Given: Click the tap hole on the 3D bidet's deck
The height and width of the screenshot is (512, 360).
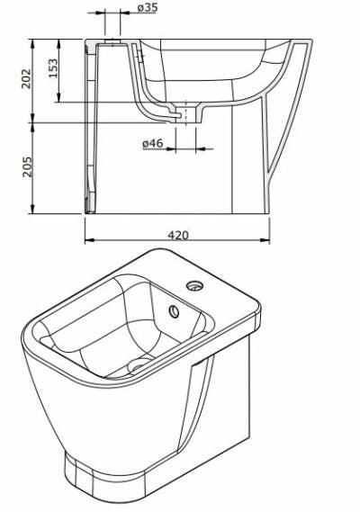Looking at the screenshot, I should (193, 287).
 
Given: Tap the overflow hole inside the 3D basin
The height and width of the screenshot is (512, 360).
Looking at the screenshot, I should (173, 312).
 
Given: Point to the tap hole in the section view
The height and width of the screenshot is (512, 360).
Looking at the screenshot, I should (110, 43).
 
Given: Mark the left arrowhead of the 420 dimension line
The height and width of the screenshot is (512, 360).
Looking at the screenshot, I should (88, 241).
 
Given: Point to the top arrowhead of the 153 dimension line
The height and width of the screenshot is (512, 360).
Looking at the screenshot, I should (63, 41).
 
